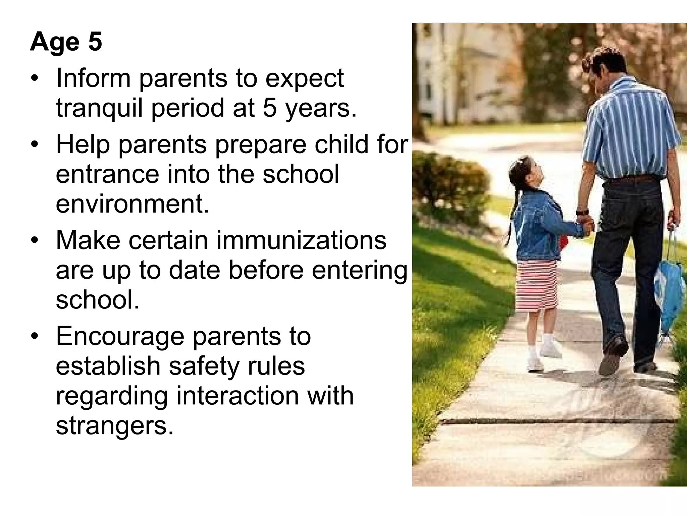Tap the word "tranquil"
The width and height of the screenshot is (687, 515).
[99, 108]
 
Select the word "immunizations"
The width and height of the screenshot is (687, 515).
[301, 241]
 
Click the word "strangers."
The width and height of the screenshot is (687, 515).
[115, 425]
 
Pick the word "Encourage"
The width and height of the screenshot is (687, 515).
[120, 337]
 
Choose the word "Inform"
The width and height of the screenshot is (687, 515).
[93, 78]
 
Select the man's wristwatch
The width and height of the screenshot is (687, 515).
[582, 212]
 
